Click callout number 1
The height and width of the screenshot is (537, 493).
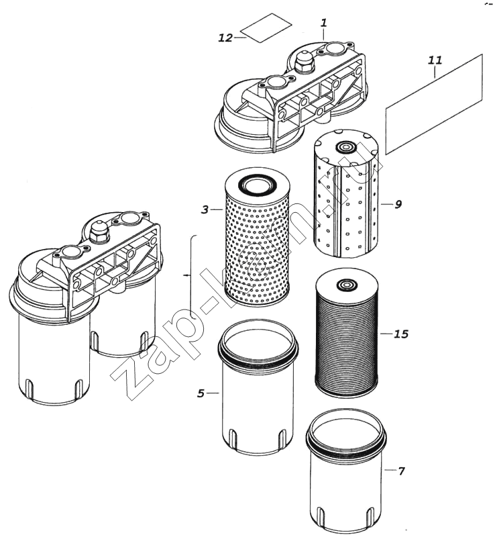[x=323, y=23]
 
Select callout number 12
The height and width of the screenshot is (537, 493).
[x=225, y=38]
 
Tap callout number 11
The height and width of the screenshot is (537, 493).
[x=435, y=60]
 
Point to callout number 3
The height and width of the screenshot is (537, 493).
[x=205, y=210]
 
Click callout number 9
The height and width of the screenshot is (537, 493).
[x=398, y=204]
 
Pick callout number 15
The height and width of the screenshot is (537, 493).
[x=402, y=333]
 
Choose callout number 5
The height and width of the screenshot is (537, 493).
[x=201, y=393]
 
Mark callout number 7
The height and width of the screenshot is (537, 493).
[x=401, y=471]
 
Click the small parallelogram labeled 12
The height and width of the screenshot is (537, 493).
[x=266, y=28]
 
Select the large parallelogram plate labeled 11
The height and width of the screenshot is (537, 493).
[x=435, y=105]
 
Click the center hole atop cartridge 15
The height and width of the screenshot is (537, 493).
[x=346, y=285]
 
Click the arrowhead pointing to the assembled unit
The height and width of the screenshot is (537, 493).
[x=184, y=275]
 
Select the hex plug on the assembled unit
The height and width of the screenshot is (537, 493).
[x=100, y=231]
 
